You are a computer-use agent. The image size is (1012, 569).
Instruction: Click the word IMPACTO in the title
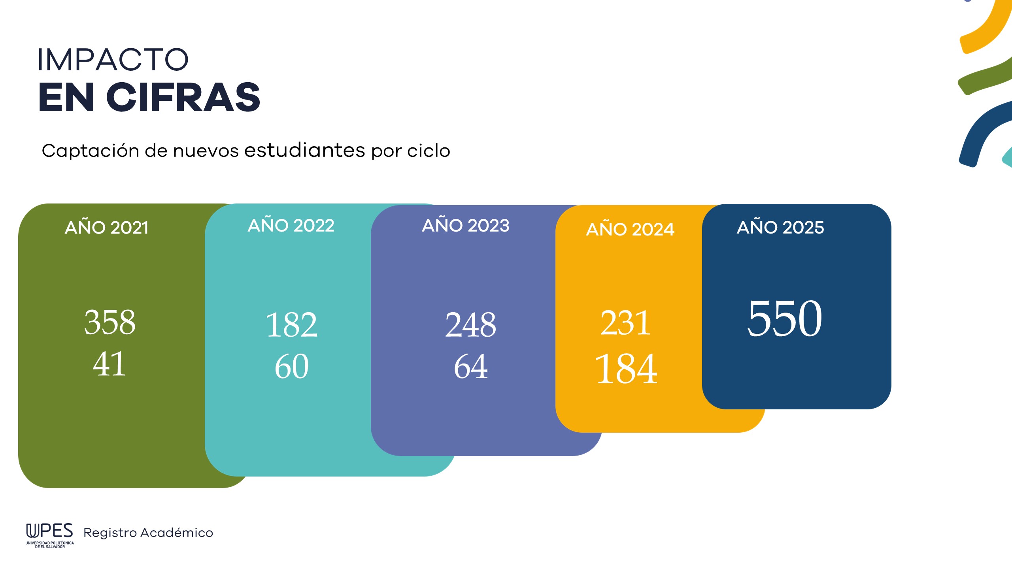113,60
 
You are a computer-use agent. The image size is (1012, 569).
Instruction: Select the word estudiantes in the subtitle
304,150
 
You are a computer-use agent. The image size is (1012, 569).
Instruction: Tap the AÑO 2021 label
106,228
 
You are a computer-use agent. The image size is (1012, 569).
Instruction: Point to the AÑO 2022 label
291,226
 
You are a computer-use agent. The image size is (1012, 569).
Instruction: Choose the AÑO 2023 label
466,226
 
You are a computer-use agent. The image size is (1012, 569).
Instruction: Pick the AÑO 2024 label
630,230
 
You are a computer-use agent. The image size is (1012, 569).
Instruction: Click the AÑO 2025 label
780,228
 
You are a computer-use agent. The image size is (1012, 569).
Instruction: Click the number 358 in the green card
110,322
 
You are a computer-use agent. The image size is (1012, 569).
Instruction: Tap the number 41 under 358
110,364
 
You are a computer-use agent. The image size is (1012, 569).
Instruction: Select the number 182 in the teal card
292,325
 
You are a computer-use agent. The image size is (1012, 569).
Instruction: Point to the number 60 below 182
292,367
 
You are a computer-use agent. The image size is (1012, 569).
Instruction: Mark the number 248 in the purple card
470,325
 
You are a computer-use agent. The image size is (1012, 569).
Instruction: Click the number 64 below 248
470,367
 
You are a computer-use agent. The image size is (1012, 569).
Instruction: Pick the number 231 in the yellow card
625,323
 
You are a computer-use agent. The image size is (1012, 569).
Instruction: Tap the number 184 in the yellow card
626,369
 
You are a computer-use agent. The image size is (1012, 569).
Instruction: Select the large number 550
785,318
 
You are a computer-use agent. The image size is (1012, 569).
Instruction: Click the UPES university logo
50,535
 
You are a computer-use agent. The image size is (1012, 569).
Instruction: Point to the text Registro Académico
148,533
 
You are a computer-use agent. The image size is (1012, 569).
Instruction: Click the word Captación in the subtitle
91,151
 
